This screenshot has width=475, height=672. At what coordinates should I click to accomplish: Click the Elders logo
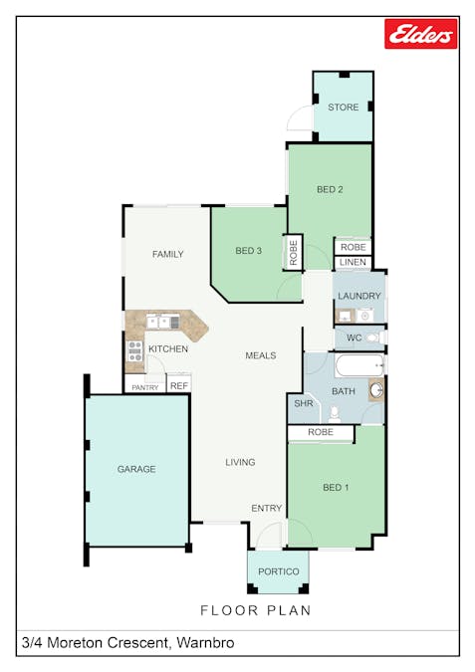420,34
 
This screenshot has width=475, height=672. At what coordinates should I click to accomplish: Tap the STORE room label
343,109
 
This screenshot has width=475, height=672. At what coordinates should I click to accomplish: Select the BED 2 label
330,189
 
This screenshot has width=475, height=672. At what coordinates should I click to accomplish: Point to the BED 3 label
248,251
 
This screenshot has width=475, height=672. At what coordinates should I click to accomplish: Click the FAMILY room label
167,254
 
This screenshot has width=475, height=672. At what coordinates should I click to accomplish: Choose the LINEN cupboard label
353,263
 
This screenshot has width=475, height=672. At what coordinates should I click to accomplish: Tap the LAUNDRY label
358,296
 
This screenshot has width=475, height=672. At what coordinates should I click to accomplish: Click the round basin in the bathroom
375,390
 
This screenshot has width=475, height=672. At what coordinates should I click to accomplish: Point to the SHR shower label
303,404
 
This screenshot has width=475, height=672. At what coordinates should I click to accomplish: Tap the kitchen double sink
162,322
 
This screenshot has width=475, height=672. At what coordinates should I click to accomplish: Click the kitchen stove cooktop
134,350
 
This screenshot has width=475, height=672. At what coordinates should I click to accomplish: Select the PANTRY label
144,387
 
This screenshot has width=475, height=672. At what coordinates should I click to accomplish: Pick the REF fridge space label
179,385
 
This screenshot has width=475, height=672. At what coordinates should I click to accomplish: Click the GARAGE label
136,469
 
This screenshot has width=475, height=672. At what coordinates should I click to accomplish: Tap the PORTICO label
278,571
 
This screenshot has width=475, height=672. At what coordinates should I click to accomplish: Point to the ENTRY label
266,508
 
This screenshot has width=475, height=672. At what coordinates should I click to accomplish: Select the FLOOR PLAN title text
256,610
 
